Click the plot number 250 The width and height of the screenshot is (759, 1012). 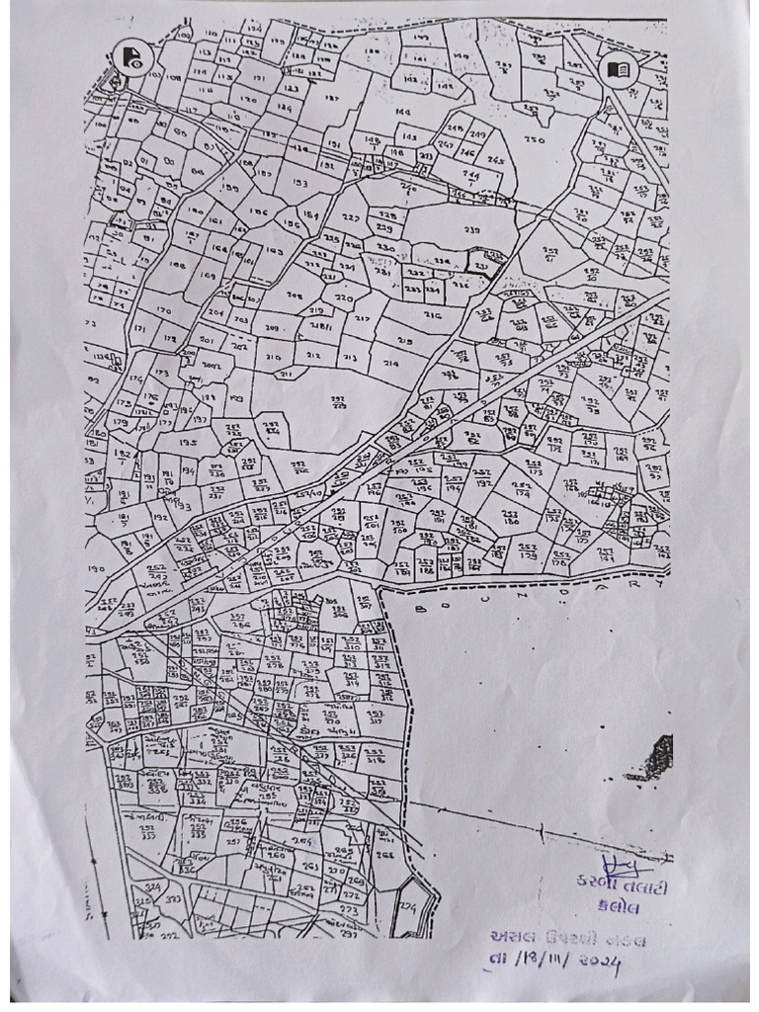[x=535, y=140]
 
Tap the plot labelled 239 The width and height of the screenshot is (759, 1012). [x=470, y=230]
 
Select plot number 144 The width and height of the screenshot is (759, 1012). [x=402, y=113]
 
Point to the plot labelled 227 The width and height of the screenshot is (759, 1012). [x=351, y=217]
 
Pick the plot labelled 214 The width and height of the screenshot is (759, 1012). [x=390, y=363]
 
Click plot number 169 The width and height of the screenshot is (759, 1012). [x=208, y=276]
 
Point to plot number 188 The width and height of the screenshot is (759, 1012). [x=178, y=265]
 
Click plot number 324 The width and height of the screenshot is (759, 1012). [x=152, y=888]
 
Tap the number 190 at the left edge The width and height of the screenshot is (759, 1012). [x=96, y=570]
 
